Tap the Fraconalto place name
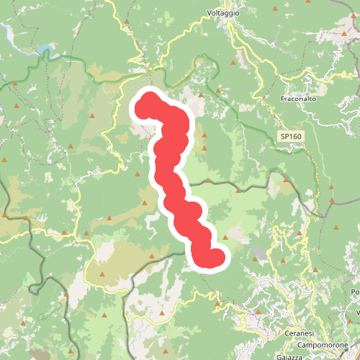point(300,98)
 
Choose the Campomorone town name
point(323,345)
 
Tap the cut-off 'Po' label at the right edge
point(355,292)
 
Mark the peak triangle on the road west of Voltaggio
point(127,22)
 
